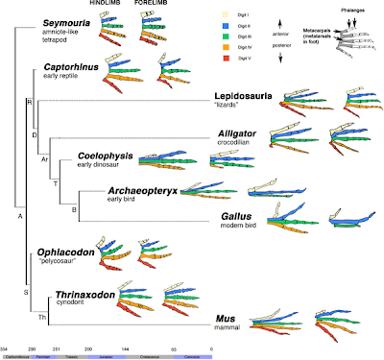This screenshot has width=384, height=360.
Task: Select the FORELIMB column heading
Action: click(x=156, y=4)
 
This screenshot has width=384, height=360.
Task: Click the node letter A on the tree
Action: click(x=19, y=214)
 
